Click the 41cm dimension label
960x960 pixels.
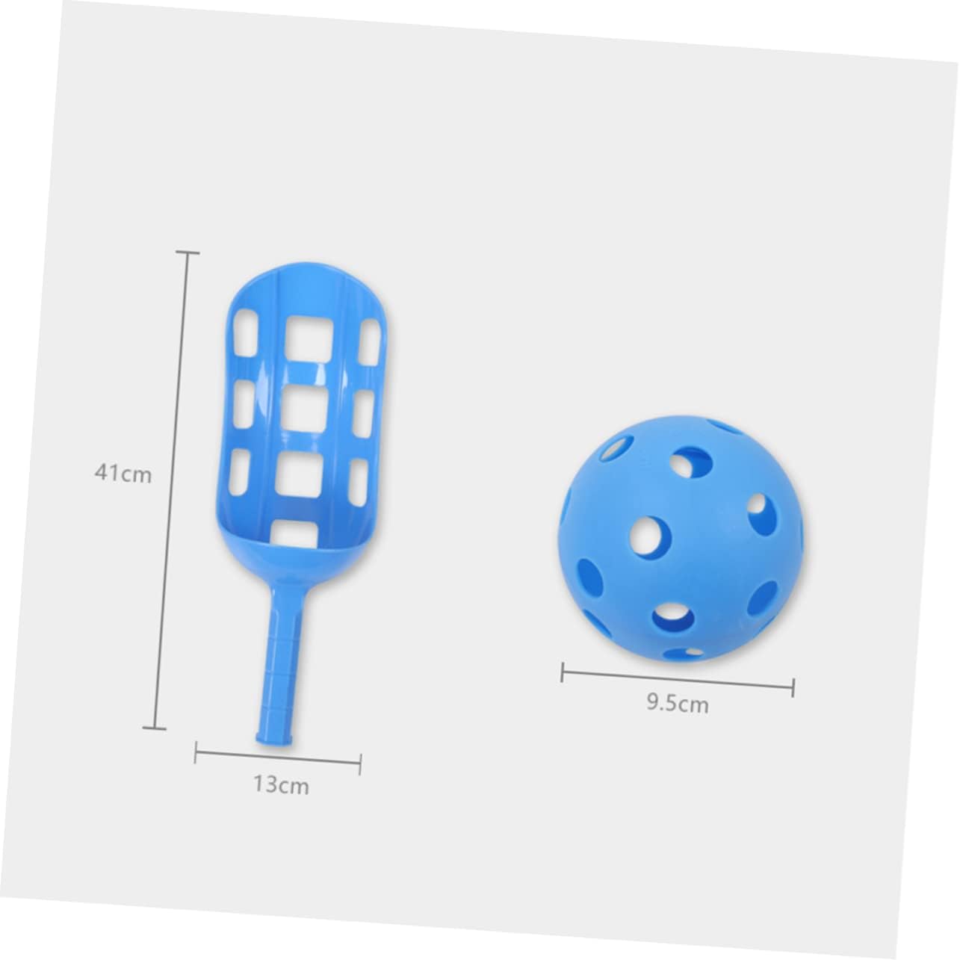(123, 473)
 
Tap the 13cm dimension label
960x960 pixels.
(281, 786)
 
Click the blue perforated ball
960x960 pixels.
(681, 540)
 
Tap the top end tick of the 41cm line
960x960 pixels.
(188, 253)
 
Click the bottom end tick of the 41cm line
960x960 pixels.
(155, 728)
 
